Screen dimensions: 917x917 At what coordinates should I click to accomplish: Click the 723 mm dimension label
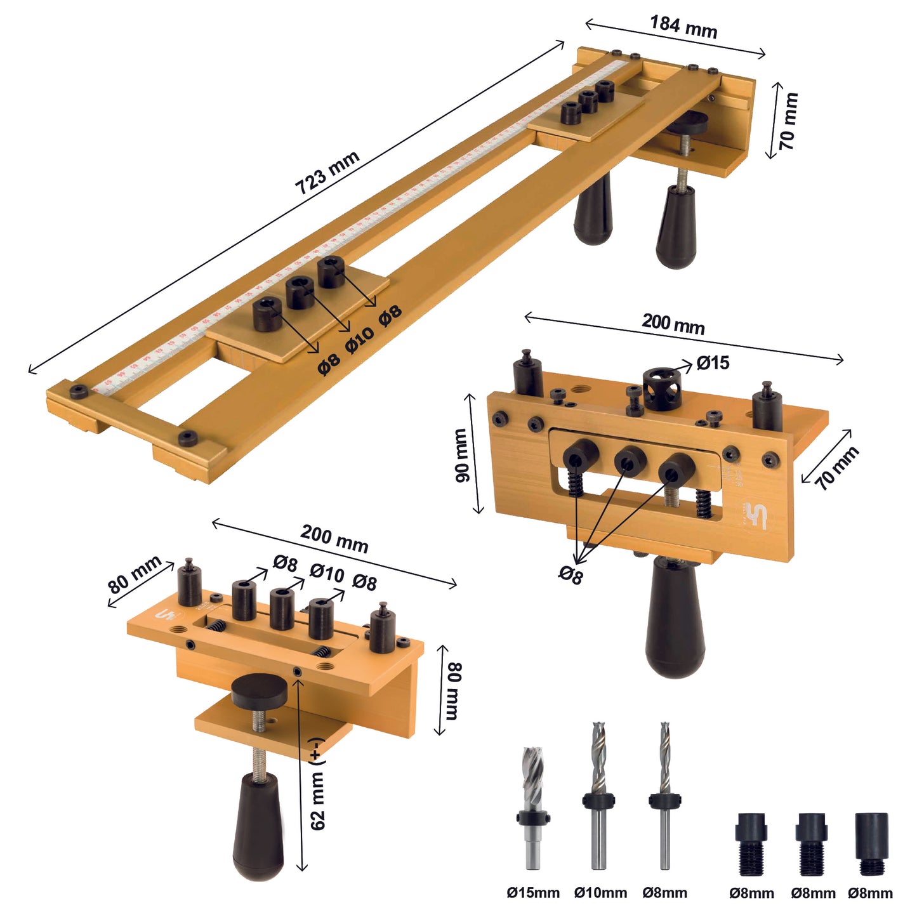[327, 173]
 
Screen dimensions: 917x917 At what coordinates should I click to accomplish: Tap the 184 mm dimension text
[683, 27]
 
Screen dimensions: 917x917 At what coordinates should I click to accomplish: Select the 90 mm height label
[461, 455]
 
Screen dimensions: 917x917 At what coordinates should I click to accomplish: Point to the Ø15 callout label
[713, 363]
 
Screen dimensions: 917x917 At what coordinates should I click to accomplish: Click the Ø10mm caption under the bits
[600, 893]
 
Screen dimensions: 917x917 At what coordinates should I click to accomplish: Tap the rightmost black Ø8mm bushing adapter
[872, 844]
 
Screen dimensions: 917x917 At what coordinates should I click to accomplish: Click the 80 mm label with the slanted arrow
[135, 574]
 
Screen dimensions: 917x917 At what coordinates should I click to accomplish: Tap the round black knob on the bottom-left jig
[259, 692]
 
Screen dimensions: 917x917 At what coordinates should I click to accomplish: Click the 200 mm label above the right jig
[673, 324]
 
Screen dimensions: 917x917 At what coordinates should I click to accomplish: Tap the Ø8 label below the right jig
[570, 575]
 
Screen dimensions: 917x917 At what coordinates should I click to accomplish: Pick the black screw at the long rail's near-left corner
[79, 391]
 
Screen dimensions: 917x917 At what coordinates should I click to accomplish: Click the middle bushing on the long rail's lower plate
[300, 293]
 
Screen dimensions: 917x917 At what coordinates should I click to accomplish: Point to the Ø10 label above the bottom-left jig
[327, 572]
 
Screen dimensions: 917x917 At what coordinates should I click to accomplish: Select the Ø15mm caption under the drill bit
[533, 893]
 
